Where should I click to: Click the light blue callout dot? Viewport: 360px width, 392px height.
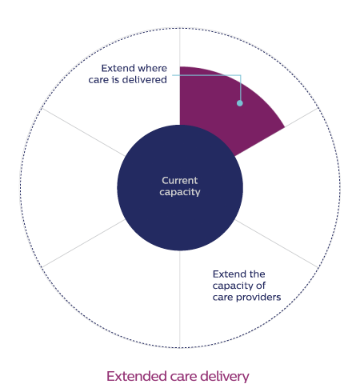point(240,103)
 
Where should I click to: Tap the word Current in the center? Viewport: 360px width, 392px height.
point(180,181)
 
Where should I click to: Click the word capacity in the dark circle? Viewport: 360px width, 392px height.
point(180,192)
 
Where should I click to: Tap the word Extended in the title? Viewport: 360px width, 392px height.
point(137,376)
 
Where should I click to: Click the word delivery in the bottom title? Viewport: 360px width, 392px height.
point(225,377)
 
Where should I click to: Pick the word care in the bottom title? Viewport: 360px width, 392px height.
point(183,378)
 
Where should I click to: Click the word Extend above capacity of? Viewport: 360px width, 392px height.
point(228,274)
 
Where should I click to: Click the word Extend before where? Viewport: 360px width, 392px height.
point(115,68)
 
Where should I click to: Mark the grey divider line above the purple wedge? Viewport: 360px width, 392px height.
point(180,47)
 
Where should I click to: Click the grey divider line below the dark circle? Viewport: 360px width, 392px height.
point(180,299)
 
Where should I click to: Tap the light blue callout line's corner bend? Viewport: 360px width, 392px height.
point(241,75)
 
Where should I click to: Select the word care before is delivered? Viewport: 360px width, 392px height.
point(98,80)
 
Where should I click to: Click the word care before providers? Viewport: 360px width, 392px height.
point(223,298)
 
